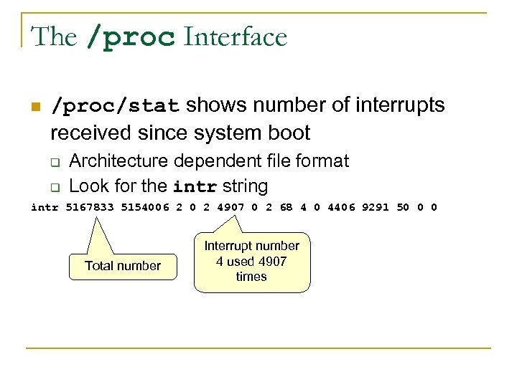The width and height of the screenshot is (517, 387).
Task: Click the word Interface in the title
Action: pos(236,37)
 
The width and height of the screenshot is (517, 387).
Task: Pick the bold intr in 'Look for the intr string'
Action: pos(195,186)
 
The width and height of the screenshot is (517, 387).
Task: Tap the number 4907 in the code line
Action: pos(231,208)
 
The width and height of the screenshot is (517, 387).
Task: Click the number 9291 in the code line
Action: pos(376,208)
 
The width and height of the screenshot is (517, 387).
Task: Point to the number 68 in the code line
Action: pos(286,208)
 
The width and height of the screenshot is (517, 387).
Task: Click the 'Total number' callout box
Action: pos(123,266)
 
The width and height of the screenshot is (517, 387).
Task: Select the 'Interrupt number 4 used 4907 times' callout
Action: pos(251,262)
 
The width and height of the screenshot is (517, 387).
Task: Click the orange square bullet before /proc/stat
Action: pos(34,107)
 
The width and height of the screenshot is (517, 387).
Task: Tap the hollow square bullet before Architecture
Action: pos(54,162)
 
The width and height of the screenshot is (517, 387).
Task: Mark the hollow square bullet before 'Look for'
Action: pos(54,188)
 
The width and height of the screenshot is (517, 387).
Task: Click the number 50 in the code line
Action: pos(403,208)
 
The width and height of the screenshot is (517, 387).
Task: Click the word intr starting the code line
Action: pos(45,208)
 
